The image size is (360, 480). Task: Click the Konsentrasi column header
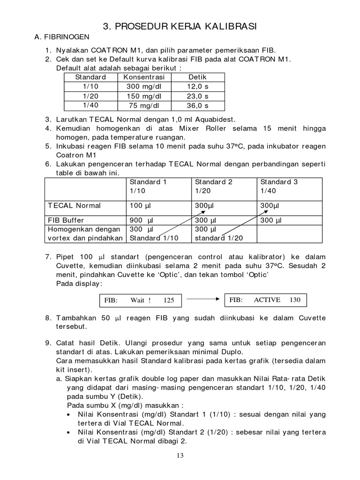coord(145,77)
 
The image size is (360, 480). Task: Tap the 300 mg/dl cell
coord(145,86)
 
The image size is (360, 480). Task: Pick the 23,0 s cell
coord(198,96)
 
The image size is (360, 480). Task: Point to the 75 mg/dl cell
coord(145,105)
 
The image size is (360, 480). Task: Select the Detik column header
coord(198,77)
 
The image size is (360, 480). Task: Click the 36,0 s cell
coord(198,105)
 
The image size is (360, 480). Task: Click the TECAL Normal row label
coord(75,205)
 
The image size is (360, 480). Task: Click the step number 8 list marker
coord(48,318)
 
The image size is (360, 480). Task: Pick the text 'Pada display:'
coord(79,284)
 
